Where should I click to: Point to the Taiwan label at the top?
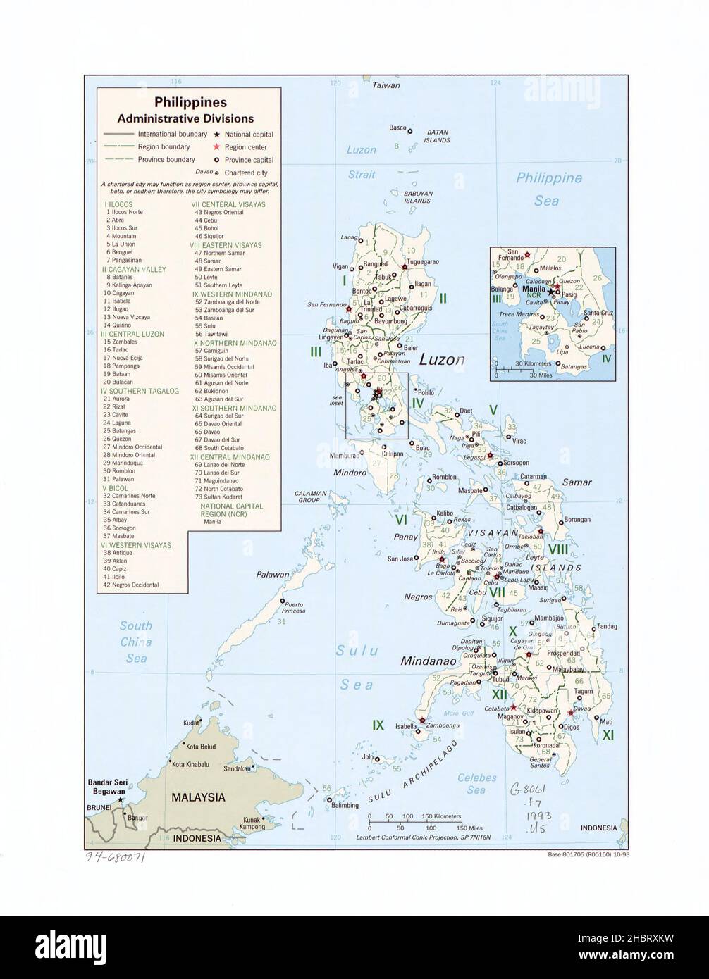[386, 85]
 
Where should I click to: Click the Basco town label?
[398, 127]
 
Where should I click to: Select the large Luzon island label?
[442, 360]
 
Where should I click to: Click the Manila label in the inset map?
[535, 288]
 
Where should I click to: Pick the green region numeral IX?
[378, 725]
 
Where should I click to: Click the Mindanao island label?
[426, 661]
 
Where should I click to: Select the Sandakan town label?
[236, 769]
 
